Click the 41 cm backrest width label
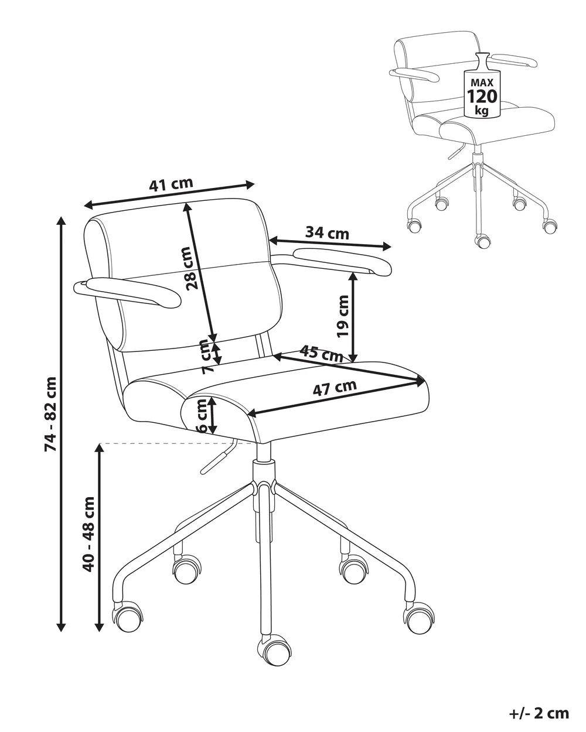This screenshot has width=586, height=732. coord(171,184)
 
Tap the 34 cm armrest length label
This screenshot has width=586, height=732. coord(327,233)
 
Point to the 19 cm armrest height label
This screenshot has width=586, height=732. coord(343,316)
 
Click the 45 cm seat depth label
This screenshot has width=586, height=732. coord(321,353)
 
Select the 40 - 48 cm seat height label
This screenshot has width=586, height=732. coord(88,534)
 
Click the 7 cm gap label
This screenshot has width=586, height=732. coord(206,357)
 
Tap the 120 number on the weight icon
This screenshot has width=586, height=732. coord(482,96)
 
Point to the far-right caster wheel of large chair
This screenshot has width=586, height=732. coord(419,617)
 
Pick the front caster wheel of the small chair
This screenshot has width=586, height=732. coord(483,241)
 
